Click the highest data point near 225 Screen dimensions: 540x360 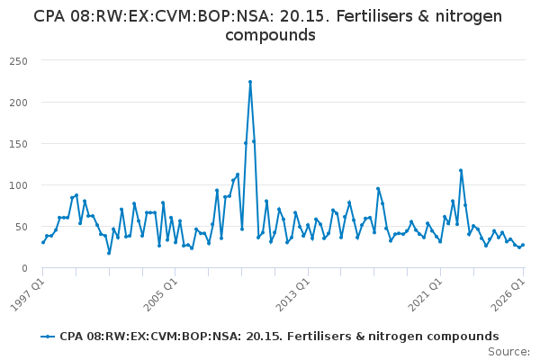click(x=250, y=82)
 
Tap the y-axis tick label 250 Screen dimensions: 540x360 click(x=19, y=61)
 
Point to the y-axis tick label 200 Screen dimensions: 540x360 click(x=19, y=103)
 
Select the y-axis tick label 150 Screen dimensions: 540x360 click(x=19, y=144)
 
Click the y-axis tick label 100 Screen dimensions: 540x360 click(x=19, y=185)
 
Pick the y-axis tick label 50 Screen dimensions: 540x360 click(x=22, y=227)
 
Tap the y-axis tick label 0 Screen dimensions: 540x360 click(x=24, y=268)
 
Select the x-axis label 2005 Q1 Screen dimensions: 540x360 click(x=160, y=295)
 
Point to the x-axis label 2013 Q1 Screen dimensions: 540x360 click(x=293, y=295)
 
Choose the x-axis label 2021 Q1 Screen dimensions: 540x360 click(x=425, y=295)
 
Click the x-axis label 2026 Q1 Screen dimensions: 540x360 click(x=508, y=295)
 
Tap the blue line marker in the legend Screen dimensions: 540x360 click(x=48, y=337)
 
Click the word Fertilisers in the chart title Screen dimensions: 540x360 click(x=374, y=16)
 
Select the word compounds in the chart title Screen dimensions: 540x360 click(x=270, y=35)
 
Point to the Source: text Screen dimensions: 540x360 click(x=508, y=352)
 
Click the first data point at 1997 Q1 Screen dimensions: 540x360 click(x=43, y=242)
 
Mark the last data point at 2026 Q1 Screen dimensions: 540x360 click(x=523, y=245)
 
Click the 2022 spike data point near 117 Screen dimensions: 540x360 click(x=461, y=170)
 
